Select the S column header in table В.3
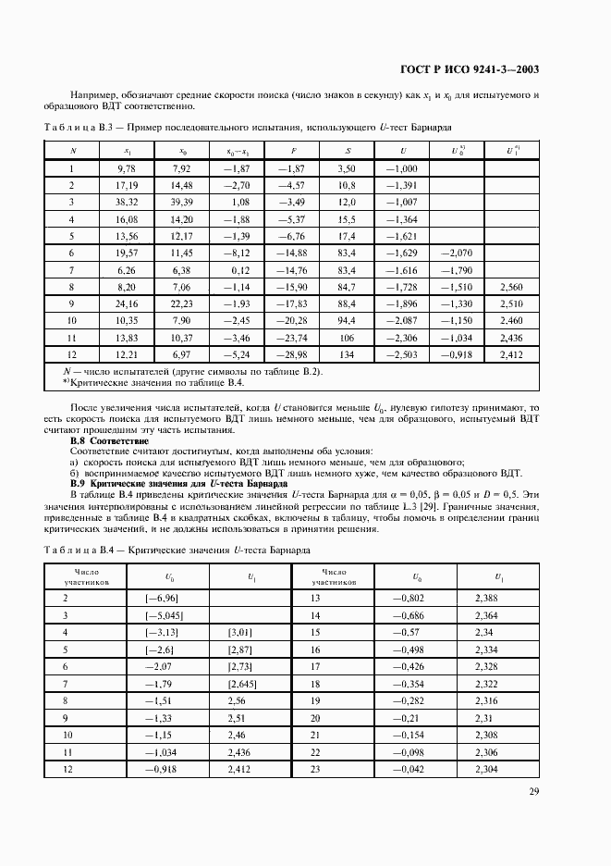348,150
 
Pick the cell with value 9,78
128,168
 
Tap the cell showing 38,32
128,202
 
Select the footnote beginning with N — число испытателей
191,371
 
